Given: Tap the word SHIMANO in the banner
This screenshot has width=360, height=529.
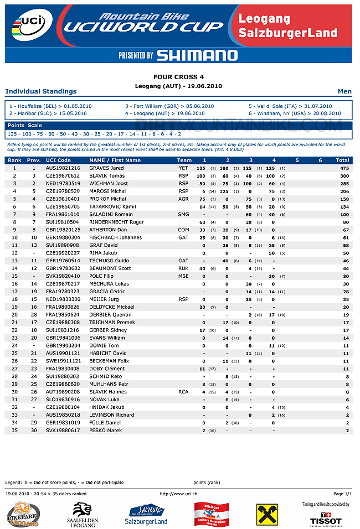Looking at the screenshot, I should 197,55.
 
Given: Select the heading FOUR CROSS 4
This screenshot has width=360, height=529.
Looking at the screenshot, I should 179,77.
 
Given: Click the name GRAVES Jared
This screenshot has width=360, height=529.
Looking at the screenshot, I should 106,168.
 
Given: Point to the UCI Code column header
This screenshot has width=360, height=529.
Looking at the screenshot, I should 59,160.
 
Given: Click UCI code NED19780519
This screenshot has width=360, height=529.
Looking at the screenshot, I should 63,183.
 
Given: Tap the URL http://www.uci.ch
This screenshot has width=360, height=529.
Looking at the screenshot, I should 179,493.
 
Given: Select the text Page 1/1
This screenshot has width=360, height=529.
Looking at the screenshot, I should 342,493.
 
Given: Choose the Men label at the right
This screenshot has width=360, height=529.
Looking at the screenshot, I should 344,91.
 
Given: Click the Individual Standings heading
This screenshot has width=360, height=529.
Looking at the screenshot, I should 41,91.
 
